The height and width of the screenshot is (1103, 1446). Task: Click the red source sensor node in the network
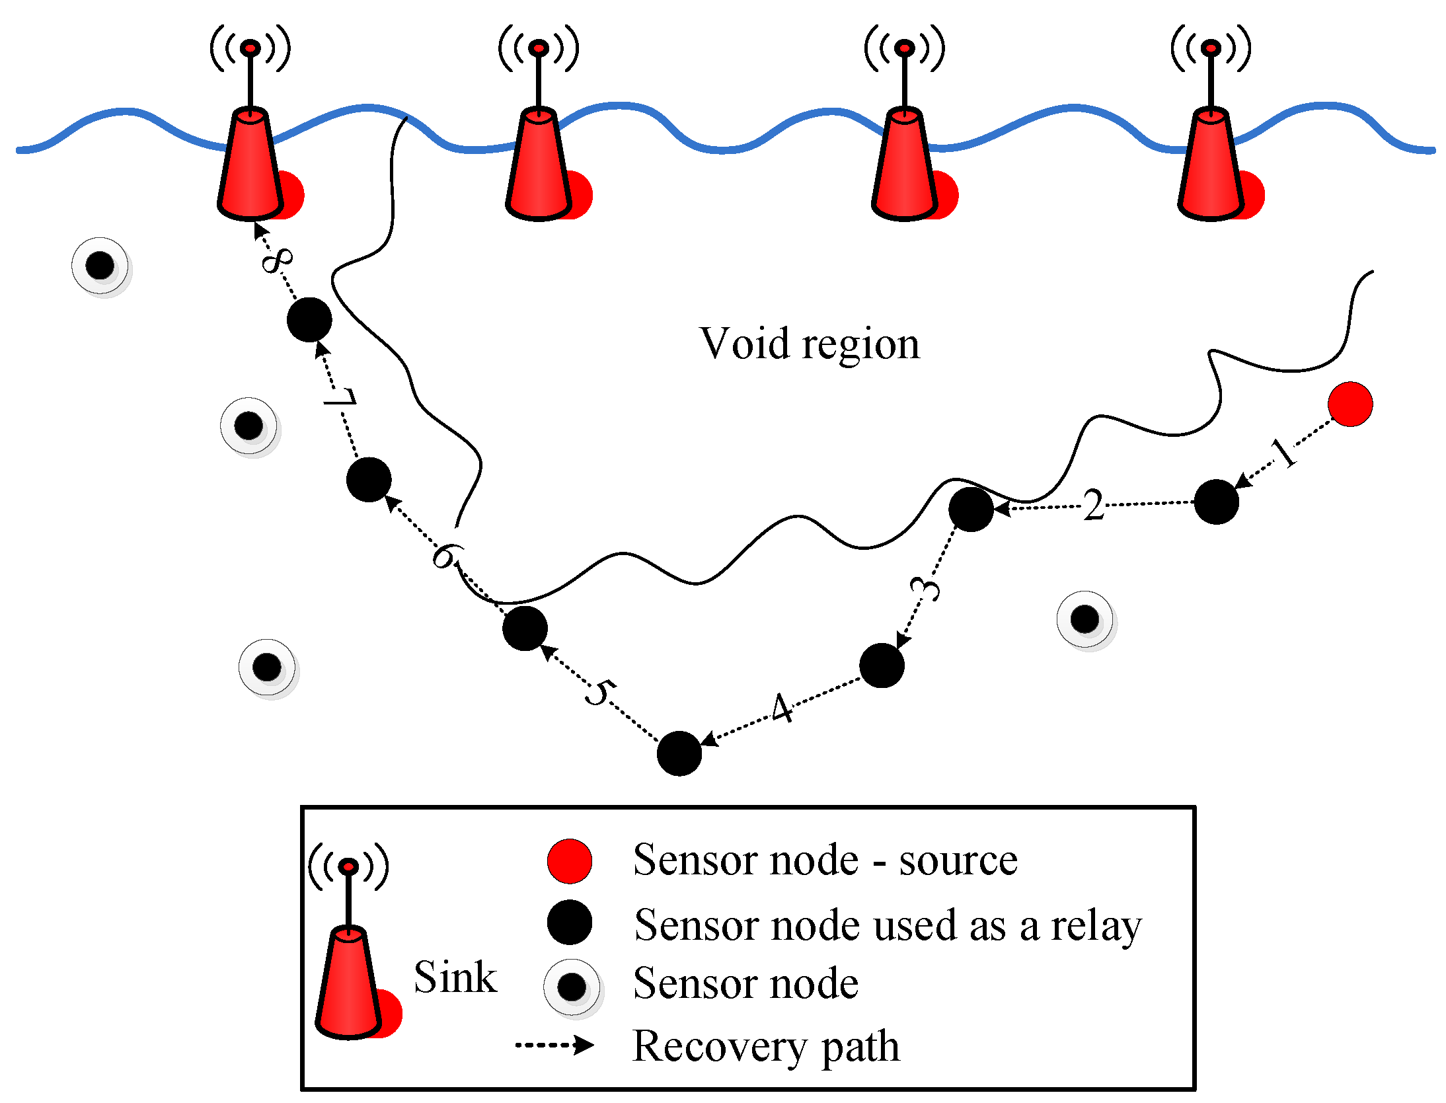point(1350,404)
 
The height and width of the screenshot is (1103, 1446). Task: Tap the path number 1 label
point(1283,453)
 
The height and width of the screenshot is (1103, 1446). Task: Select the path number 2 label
point(1093,506)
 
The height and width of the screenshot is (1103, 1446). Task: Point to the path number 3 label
point(925,588)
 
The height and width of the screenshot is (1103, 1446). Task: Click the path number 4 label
point(782,708)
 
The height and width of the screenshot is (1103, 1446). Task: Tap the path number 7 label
point(340,398)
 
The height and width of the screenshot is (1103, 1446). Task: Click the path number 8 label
point(277,260)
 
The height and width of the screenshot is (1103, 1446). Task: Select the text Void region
point(809,344)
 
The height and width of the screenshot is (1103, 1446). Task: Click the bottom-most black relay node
point(679,753)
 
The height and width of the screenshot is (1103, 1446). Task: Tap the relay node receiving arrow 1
point(1216,502)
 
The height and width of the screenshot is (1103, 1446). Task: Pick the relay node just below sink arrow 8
point(309,320)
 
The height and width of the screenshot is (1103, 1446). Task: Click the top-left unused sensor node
point(100,266)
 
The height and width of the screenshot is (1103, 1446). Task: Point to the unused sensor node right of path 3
point(1084,619)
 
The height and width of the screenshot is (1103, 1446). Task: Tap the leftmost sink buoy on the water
point(251,165)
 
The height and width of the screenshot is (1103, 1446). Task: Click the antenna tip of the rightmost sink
point(1211,48)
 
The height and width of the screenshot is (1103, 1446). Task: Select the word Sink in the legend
point(455,977)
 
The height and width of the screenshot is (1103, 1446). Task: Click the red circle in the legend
point(569,861)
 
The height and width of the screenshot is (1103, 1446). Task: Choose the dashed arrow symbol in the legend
point(554,1045)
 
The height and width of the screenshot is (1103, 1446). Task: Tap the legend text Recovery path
point(765,1046)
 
